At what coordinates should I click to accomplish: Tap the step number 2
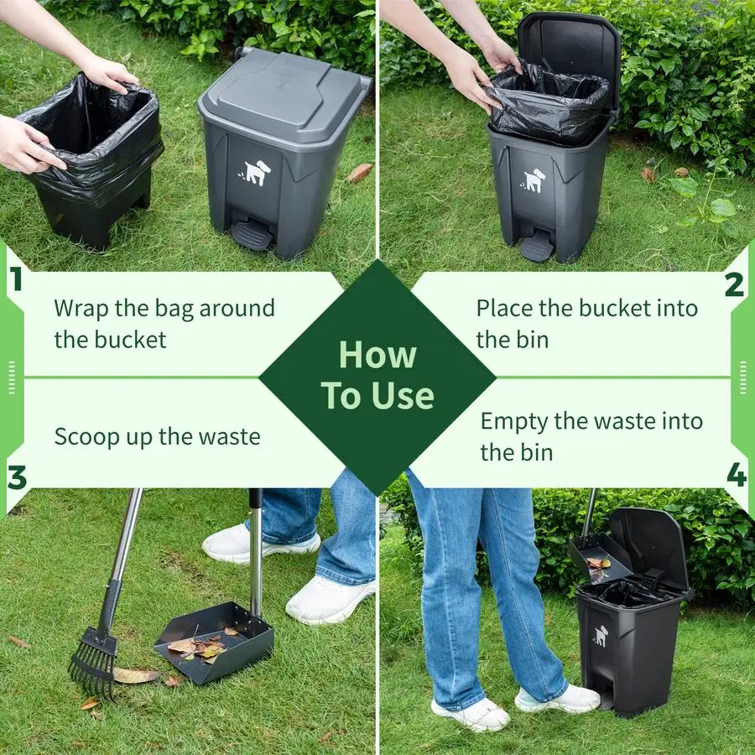734,284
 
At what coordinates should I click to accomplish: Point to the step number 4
736,476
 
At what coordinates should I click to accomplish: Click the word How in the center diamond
377,355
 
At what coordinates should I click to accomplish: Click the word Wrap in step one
81,308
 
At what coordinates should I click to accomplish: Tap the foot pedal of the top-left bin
252,234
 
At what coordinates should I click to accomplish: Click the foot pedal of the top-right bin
537,245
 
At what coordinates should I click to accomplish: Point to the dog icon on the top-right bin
534,180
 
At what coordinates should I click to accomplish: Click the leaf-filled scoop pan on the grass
214,642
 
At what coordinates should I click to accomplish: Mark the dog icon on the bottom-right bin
601,635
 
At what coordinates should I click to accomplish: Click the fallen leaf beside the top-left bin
360,172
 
